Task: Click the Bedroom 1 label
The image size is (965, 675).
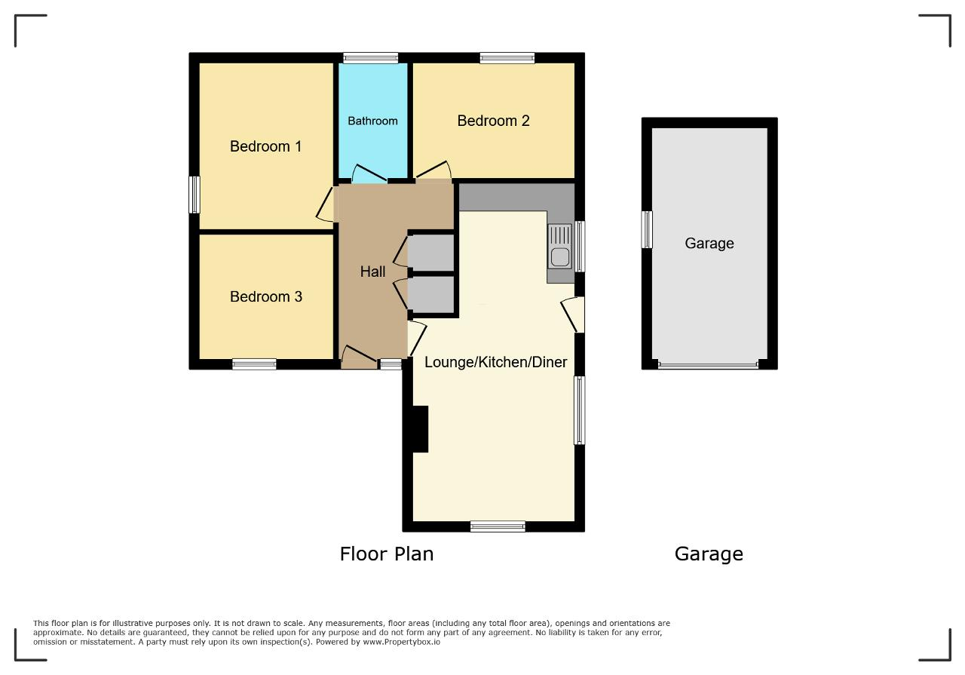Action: (265, 146)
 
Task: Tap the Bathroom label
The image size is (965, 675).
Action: (372, 121)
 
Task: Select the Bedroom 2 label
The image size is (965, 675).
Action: (493, 121)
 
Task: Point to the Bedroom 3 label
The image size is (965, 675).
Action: (266, 296)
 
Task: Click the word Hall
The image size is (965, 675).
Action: (372, 272)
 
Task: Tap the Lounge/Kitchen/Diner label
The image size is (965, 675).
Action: (495, 362)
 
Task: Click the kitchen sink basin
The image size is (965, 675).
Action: (560, 257)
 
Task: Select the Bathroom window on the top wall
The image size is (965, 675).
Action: (370, 58)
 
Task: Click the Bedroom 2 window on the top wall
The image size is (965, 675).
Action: (507, 58)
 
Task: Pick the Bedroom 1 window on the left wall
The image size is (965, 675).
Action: (195, 195)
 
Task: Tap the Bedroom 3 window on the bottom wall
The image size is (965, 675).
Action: (254, 364)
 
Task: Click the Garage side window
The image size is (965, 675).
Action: (647, 229)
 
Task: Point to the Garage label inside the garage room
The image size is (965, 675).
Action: (709, 244)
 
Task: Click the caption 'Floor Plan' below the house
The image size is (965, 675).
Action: (387, 554)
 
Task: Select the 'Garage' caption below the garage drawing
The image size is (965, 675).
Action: (709, 554)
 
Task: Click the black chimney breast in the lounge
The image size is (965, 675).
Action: (420, 429)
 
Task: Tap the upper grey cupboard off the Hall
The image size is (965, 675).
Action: (430, 252)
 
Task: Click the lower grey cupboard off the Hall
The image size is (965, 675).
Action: (430, 294)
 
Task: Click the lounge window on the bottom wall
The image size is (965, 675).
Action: (498, 526)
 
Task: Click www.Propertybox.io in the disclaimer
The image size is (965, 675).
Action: (402, 642)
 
